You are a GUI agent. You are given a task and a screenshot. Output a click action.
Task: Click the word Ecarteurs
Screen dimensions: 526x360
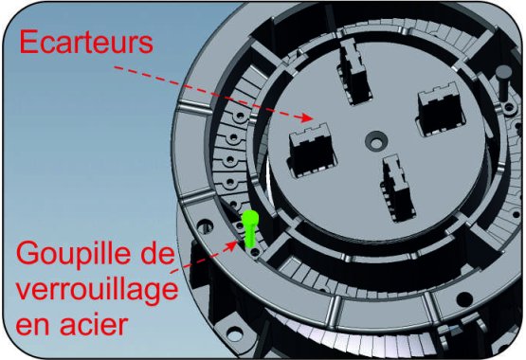coord(86,42)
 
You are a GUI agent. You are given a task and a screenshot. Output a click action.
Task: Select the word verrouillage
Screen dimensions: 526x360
coord(97,290)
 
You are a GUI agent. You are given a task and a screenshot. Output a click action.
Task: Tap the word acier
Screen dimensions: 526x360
coord(94,324)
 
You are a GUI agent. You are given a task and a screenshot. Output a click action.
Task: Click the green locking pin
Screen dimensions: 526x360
coord(250,229)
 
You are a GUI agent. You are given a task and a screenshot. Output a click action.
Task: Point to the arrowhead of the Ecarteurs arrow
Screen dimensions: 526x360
coord(307,117)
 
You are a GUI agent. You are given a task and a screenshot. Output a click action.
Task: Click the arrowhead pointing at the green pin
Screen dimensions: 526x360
coord(231,245)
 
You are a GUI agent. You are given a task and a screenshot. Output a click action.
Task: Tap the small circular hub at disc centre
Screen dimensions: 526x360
coord(376,140)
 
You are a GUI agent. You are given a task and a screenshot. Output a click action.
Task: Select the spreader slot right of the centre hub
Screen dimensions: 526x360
coord(441,108)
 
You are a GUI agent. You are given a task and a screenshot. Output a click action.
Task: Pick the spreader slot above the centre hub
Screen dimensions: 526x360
coord(354,71)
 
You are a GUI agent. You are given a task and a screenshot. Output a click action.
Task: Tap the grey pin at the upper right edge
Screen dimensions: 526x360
coord(503,82)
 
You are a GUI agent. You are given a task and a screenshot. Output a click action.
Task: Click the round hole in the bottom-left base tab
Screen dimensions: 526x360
coord(235,333)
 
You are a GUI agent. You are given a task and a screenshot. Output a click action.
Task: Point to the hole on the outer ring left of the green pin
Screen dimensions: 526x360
coord(206,225)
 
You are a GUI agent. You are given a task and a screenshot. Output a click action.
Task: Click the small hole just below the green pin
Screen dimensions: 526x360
coord(255,252)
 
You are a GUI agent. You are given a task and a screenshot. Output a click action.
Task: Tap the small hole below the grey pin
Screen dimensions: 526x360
coord(510,108)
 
